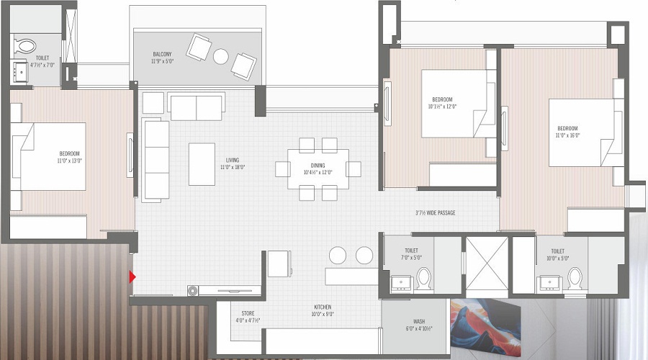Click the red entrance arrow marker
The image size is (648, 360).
click(x=132, y=276)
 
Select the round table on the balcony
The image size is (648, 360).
click(x=220, y=55)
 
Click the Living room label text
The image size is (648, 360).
click(x=232, y=163)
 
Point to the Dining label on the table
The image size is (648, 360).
click(x=317, y=168)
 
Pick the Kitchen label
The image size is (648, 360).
click(x=321, y=311)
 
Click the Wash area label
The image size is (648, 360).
click(x=419, y=325)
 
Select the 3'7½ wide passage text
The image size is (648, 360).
click(x=435, y=213)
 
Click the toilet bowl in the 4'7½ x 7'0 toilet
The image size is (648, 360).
click(x=26, y=45)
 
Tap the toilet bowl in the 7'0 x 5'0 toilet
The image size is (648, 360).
click(x=423, y=277)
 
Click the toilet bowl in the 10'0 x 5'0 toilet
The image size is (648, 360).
click(x=574, y=277)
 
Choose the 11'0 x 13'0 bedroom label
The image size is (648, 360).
click(x=70, y=156)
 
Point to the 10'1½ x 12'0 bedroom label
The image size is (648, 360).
click(x=442, y=103)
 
